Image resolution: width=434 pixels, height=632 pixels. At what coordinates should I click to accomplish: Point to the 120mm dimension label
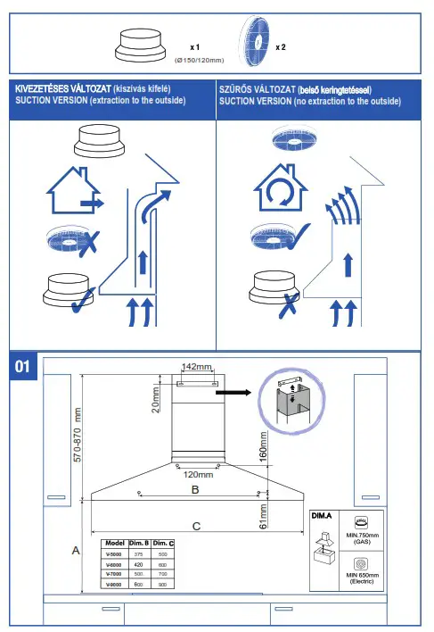[198, 474]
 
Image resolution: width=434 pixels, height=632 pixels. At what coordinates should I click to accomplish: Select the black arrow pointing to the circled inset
[234, 390]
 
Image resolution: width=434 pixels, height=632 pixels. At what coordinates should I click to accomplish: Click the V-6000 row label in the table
[114, 564]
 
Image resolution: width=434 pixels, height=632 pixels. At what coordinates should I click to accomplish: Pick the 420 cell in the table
[138, 564]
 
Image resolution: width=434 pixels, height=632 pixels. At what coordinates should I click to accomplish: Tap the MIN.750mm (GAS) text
[363, 538]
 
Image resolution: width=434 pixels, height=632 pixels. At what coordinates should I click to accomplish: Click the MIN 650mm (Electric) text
[363, 578]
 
